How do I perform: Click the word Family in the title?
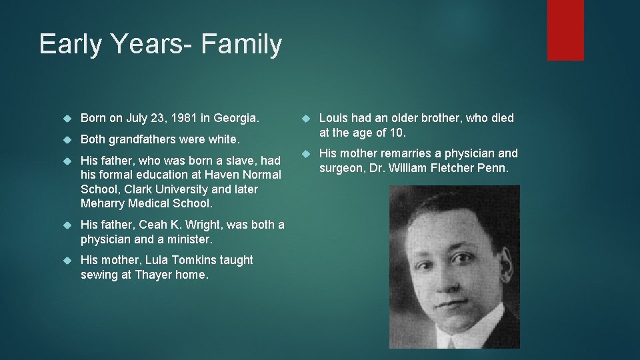pos(241,45)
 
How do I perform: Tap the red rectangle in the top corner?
pos(565,30)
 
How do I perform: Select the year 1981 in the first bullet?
pos(184,118)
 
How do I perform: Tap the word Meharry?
pos(103,203)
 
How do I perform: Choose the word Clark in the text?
pos(139,189)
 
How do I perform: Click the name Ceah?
pos(153,225)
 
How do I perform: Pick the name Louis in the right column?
pos(334,118)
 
